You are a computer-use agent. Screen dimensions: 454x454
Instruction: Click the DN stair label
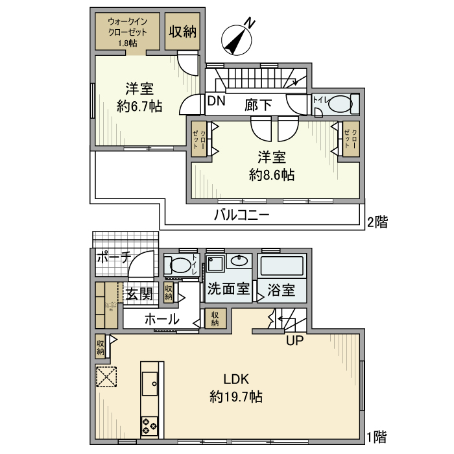pos(217,102)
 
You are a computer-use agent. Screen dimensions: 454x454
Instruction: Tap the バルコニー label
pos(242,215)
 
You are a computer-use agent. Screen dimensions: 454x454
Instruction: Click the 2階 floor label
pos(377,222)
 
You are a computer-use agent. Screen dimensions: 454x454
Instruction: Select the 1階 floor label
pos(377,436)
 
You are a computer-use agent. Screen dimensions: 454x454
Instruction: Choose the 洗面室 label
pos(228,290)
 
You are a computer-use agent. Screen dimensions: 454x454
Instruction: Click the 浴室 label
pos(281,290)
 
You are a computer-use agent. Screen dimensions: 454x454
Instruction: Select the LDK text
pos(237,379)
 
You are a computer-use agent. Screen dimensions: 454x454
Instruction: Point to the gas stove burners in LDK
pos(149,426)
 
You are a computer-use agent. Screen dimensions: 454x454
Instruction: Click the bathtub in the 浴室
pos(281,266)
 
